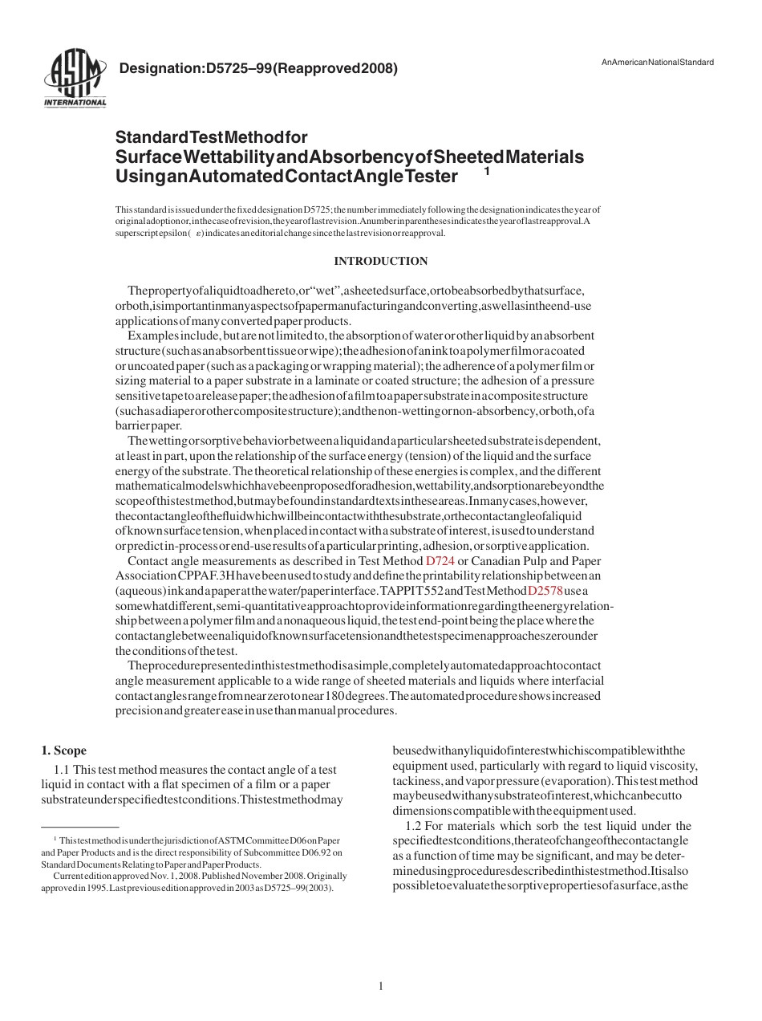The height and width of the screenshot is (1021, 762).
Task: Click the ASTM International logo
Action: coord(75,80)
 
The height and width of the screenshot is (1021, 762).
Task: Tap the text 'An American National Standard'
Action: coord(657,63)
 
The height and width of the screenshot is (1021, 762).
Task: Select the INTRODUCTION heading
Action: coord(380,261)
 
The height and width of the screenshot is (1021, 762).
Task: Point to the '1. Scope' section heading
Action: coord(63,750)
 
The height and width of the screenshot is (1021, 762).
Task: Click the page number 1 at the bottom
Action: coord(381,986)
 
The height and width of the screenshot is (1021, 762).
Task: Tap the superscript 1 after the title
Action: coord(487,170)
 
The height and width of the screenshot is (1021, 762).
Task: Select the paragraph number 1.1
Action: coord(62,770)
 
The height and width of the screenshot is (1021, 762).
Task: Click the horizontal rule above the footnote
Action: coord(79,826)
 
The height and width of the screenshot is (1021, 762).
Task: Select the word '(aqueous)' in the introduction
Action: coord(140,591)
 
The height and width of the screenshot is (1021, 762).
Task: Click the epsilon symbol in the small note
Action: coord(197,234)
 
